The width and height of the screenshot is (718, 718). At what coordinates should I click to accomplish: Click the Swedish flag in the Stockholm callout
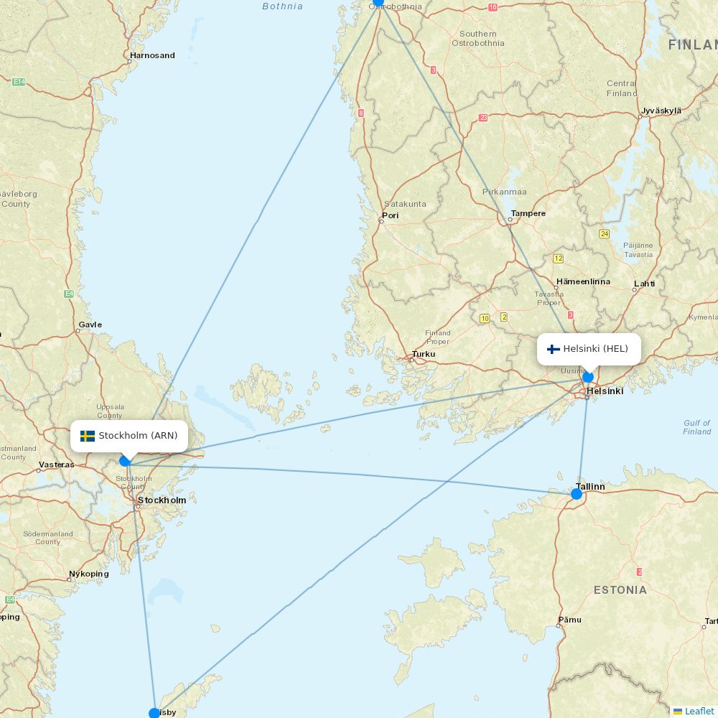point(88,436)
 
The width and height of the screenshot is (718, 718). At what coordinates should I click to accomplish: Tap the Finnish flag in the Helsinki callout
point(553,349)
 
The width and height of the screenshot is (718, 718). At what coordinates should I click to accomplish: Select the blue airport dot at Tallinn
point(577,494)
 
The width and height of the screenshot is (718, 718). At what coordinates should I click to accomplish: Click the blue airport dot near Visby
point(154,713)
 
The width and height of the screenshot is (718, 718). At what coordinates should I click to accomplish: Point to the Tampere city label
point(528,213)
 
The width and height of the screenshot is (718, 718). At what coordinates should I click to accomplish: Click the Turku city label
point(423,355)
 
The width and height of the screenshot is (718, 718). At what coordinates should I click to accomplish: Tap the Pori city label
point(390,215)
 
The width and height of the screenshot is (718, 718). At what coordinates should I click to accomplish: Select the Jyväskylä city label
point(661,111)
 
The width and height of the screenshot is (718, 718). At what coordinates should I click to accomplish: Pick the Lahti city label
point(644,284)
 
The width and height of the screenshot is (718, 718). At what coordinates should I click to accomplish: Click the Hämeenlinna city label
point(583,281)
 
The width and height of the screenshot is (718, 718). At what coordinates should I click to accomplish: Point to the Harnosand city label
point(152,55)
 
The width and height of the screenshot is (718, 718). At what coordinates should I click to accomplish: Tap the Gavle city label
point(90,325)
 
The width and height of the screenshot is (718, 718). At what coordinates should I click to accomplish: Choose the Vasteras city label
point(56,465)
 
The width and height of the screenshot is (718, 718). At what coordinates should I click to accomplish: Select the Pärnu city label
point(569,620)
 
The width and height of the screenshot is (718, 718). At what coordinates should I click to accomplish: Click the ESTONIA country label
point(620,590)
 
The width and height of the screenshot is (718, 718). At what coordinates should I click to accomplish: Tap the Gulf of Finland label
point(696,427)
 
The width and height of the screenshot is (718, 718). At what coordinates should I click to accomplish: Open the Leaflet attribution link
point(699,711)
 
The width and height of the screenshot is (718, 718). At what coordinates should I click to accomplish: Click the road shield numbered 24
point(605,234)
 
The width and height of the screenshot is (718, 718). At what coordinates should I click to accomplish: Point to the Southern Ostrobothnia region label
point(477,38)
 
